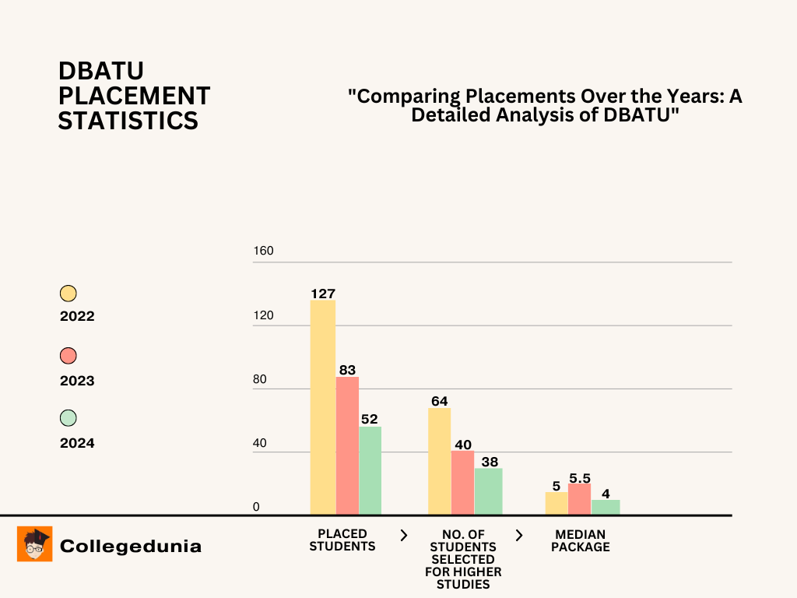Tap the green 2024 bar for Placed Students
[370, 470]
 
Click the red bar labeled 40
[463, 483]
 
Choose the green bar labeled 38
[489, 491]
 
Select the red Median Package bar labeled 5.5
[579, 499]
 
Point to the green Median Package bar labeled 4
[606, 507]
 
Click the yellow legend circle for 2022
[68, 294]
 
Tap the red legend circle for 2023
[68, 356]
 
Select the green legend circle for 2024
[68, 418]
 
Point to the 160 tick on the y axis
[263, 252]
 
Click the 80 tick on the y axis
[259, 380]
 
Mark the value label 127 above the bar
[322, 294]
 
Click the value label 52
[368, 419]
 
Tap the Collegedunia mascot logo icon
[34, 543]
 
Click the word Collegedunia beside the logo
[130, 546]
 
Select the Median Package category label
[581, 540]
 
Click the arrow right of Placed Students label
[403, 535]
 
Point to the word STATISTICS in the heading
[128, 121]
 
